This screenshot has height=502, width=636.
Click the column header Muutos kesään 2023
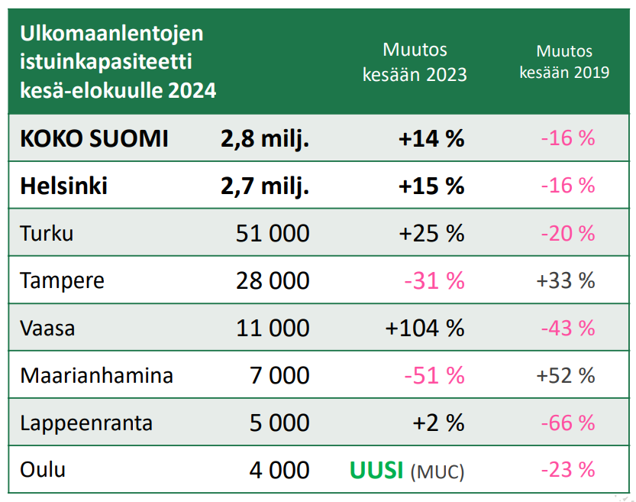[415, 63]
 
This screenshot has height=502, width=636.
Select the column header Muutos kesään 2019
[563, 62]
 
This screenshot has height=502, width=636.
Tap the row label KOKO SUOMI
[94, 139]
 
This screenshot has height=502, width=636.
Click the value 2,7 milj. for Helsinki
[264, 186]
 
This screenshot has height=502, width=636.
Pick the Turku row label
[47, 233]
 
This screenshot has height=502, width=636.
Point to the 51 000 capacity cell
[272, 233]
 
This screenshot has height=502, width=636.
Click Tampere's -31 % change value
[434, 280]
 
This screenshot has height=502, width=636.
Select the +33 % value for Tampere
[565, 280]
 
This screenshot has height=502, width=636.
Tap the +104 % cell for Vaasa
[425, 328]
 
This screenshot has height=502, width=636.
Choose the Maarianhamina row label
[96, 376]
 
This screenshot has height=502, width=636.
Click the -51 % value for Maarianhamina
[434, 375]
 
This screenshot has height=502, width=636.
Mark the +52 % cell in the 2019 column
[565, 375]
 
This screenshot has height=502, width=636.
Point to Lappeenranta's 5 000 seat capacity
[279, 423]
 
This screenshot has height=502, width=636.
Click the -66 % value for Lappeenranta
[567, 423]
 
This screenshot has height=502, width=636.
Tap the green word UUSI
[376, 470]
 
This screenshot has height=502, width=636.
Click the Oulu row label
[43, 469]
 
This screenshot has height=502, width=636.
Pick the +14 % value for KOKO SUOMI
[431, 139]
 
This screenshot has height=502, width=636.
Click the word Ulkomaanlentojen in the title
[111, 34]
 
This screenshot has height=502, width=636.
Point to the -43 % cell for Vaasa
[567, 328]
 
